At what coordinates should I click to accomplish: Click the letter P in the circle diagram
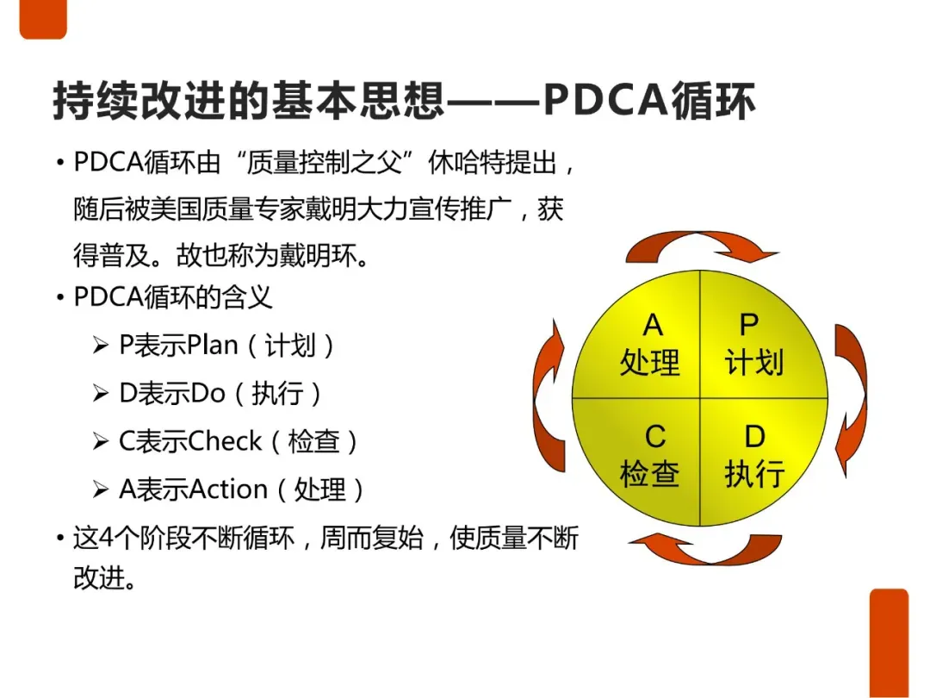click(x=749, y=325)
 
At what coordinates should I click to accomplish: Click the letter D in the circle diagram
click(x=754, y=436)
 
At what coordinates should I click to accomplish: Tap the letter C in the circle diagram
click(x=654, y=436)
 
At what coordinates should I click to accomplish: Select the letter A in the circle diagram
click(x=653, y=325)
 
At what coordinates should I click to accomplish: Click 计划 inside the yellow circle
click(x=754, y=362)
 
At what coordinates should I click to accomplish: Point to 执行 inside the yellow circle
click(x=754, y=474)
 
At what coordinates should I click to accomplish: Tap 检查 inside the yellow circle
click(x=650, y=474)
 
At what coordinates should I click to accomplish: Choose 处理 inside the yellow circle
click(x=650, y=362)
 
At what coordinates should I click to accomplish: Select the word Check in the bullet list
click(x=225, y=441)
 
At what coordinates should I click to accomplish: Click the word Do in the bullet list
click(x=208, y=394)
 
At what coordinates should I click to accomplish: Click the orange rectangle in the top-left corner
click(x=43, y=19)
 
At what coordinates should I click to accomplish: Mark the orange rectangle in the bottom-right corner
click(x=889, y=643)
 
